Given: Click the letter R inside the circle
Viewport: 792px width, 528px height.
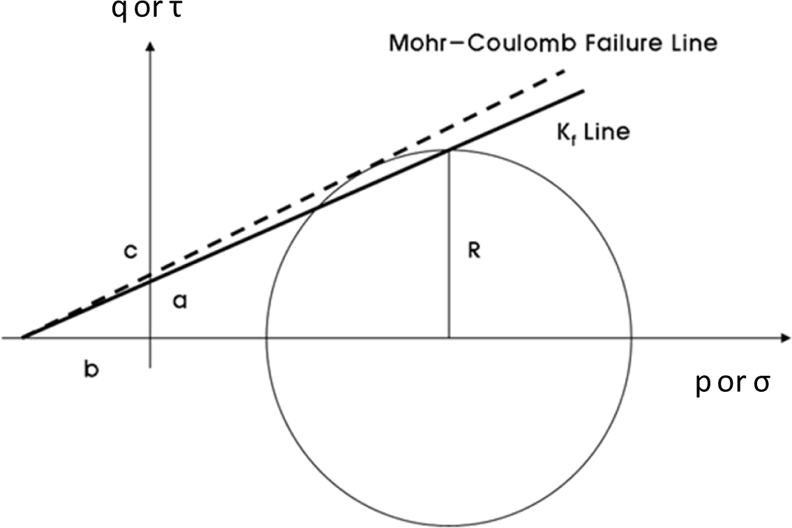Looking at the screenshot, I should (474, 251).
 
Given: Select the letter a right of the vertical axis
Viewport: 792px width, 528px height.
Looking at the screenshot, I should (179, 301).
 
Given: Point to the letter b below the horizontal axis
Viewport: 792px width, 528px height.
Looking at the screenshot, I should (91, 369).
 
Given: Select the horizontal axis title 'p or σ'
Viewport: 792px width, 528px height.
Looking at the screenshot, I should (733, 383).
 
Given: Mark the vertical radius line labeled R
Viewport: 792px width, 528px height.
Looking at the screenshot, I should (449, 244).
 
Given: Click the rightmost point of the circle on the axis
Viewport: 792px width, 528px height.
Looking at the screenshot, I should (632, 339).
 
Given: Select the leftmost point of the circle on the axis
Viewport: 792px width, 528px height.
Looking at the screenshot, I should (266, 339).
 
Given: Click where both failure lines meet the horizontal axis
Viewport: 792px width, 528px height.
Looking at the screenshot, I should (23, 338).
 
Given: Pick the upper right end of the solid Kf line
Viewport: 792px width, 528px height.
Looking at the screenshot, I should (582, 90).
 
